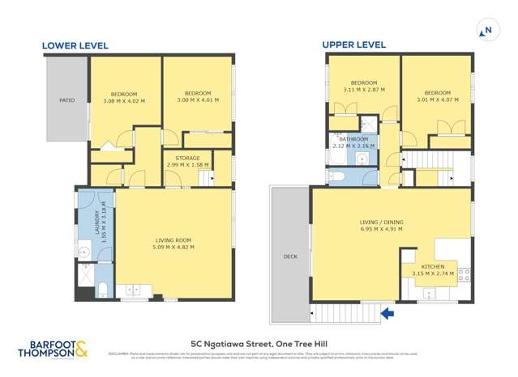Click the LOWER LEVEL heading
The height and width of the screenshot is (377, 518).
click(75, 45)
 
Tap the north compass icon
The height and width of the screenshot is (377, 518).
click(486, 31)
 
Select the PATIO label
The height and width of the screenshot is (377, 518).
click(66, 101)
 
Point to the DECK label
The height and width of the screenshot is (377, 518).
click(289, 256)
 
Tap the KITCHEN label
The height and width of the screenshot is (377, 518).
click(432, 265)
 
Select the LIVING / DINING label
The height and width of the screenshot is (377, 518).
click(381, 222)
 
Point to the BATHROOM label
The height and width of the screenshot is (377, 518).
click(353, 139)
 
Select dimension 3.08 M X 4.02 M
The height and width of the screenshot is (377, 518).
click(124, 101)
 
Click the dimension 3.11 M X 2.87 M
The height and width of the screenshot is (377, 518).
click(364, 90)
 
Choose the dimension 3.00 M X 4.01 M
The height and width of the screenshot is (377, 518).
click(198, 100)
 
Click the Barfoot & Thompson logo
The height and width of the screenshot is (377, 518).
click(54, 349)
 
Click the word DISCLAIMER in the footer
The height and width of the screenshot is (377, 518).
click(119, 353)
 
